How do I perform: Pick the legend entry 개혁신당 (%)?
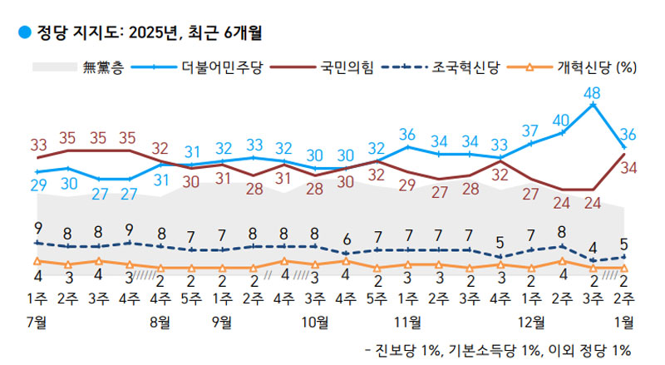point(591,67)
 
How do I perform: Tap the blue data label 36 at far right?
point(629,134)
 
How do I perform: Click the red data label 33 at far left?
point(38,144)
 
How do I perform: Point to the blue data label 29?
point(38,186)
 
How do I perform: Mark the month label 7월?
point(36,320)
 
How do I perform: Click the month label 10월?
point(315,320)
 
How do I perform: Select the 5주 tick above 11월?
point(377,298)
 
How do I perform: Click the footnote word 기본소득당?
point(480,349)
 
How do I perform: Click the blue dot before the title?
point(23,33)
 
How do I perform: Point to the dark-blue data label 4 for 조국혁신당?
point(593,247)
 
